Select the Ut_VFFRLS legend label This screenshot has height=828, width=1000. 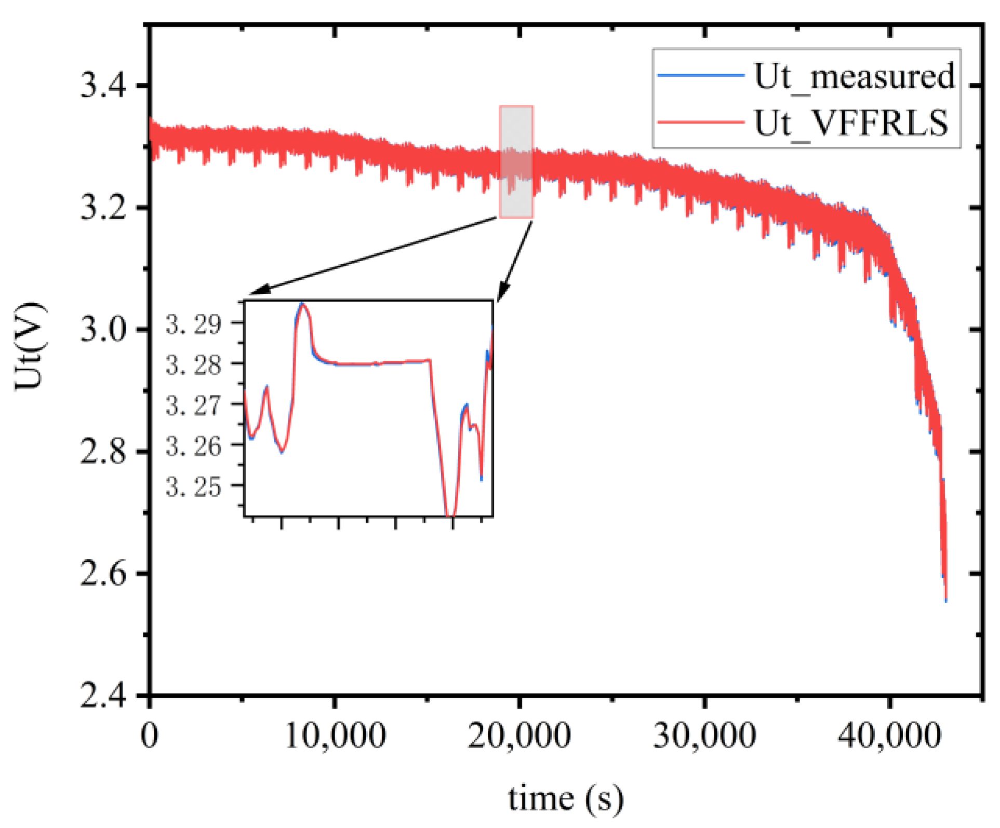tap(851, 123)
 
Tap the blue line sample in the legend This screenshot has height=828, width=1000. tap(700, 76)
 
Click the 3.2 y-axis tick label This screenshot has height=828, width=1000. tap(103, 208)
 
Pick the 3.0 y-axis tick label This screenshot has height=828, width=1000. tap(103, 330)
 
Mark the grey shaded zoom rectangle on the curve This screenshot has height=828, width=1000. tap(516, 161)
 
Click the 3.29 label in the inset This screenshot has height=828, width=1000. tap(193, 324)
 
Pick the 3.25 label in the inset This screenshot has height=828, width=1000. tap(193, 486)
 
